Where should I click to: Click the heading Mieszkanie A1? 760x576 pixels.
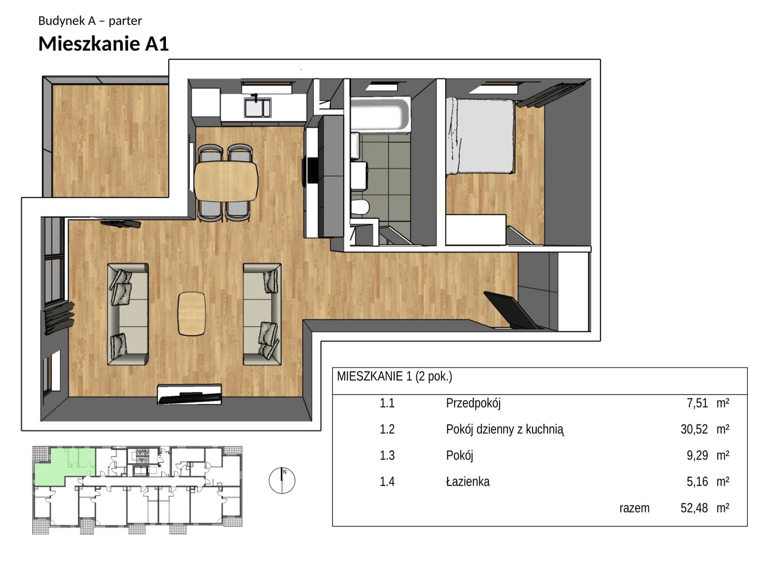coord(103,44)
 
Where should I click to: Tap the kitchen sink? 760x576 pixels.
coord(257,107)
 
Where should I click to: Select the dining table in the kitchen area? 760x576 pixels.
coord(226,181)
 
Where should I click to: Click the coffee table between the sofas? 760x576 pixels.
coord(192,314)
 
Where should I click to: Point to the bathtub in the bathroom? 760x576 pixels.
coord(380,115)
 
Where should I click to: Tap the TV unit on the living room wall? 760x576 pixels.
coord(189,394)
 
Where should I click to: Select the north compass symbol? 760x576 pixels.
coord(282,480)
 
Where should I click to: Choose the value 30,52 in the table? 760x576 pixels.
coord(694,429)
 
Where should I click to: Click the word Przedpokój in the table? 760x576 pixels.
coord(473,403)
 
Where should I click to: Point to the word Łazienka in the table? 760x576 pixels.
coord(468,482)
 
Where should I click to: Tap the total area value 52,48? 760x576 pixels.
coord(694,508)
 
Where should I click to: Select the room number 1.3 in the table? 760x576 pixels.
coord(387,455)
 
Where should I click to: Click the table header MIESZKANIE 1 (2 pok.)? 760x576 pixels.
coord(394,377)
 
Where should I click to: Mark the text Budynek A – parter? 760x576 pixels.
coord(90,21)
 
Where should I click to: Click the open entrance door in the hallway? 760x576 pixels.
coord(510,310)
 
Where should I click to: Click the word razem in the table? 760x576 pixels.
coord(635,508)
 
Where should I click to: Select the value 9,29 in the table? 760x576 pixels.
coord(698,455)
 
